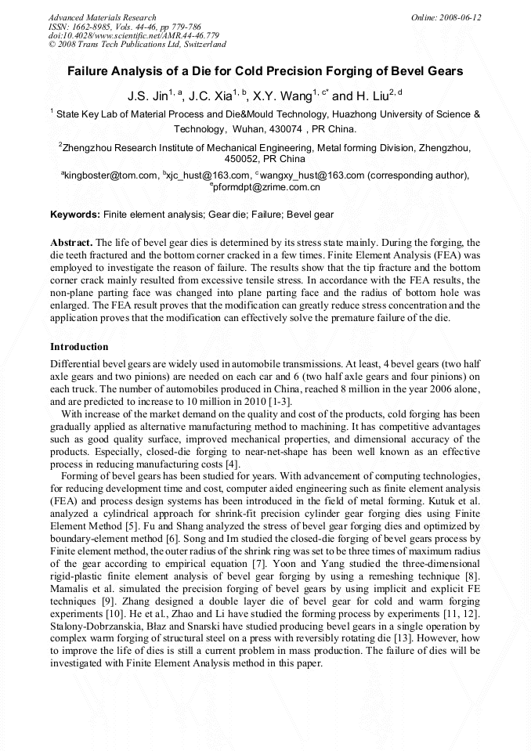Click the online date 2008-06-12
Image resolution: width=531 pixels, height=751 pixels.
pyautogui.click(x=458, y=17)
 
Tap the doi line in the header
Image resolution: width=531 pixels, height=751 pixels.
pyautogui.click(x=134, y=35)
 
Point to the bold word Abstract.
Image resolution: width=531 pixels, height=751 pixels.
pyautogui.click(x=71, y=243)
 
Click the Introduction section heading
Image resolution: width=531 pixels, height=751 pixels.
pyautogui.click(x=79, y=347)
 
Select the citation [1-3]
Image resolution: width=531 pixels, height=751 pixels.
pyautogui.click(x=280, y=402)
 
